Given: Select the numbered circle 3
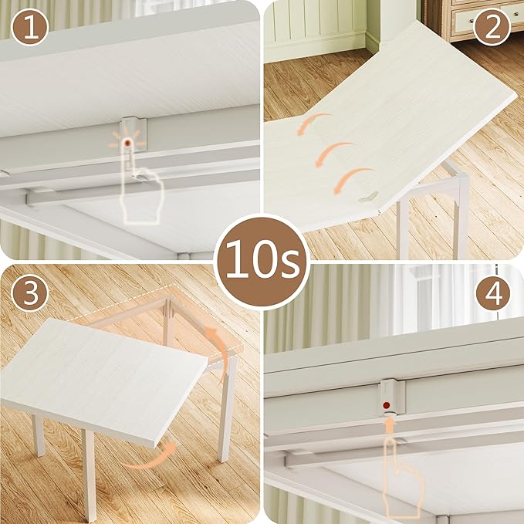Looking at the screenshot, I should tap(29, 293).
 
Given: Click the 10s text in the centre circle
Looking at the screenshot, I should tap(262, 262).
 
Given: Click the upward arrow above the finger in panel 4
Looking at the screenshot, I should tap(390, 422).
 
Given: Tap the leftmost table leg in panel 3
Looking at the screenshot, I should tap(38, 433).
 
